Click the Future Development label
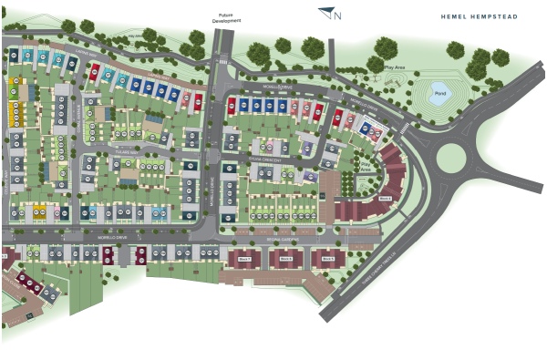228,17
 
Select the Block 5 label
327,259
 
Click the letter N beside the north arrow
338,15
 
